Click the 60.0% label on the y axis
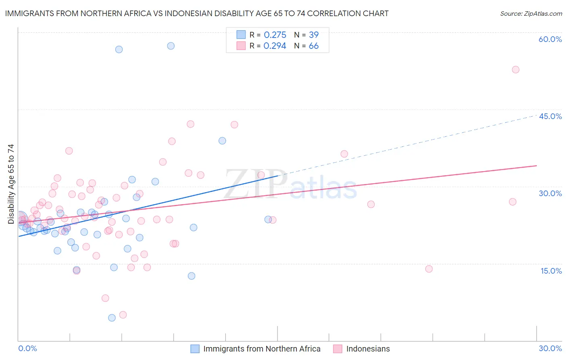coord(550,39)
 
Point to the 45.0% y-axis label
coord(550,116)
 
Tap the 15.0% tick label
coord(551,271)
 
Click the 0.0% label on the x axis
coord(27,348)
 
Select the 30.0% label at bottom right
coord(550,348)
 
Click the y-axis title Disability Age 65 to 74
coord(11,184)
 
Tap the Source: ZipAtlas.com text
coord(531,14)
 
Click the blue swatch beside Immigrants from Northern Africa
coord(195,349)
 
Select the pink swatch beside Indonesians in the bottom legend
coord(338,349)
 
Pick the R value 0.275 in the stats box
coord(275,35)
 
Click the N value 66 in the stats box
coord(313,46)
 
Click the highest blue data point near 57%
coord(171,46)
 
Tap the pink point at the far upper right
coord(515,69)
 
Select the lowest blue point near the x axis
coord(112,318)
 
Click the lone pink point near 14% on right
coord(429,269)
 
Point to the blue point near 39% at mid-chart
coord(222,141)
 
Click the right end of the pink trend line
coord(536,165)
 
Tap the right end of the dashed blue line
coord(536,115)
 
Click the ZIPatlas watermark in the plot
coord(290,185)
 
